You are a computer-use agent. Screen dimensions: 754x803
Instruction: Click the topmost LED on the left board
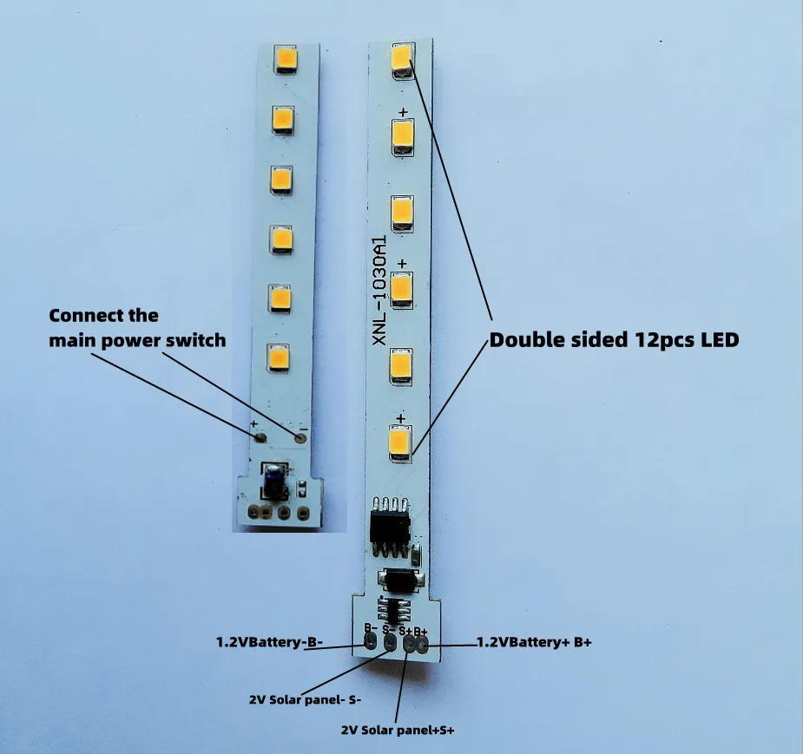click(286, 61)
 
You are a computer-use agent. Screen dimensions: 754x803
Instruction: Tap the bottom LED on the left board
click(279, 356)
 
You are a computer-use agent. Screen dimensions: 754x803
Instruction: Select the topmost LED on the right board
click(401, 59)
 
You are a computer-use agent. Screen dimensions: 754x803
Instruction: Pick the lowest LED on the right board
click(400, 443)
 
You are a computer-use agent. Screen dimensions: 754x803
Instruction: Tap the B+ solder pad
click(422, 645)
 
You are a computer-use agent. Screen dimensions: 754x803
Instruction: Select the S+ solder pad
click(406, 645)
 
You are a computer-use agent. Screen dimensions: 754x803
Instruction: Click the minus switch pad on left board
click(300, 438)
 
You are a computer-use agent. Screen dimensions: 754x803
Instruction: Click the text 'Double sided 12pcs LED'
click(614, 340)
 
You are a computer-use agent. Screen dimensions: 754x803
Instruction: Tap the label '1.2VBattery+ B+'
click(535, 643)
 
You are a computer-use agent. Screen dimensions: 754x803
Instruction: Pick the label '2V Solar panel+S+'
click(398, 731)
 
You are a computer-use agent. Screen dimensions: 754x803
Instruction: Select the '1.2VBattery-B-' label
click(269, 643)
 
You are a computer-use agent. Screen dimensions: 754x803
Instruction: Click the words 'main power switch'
click(137, 340)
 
